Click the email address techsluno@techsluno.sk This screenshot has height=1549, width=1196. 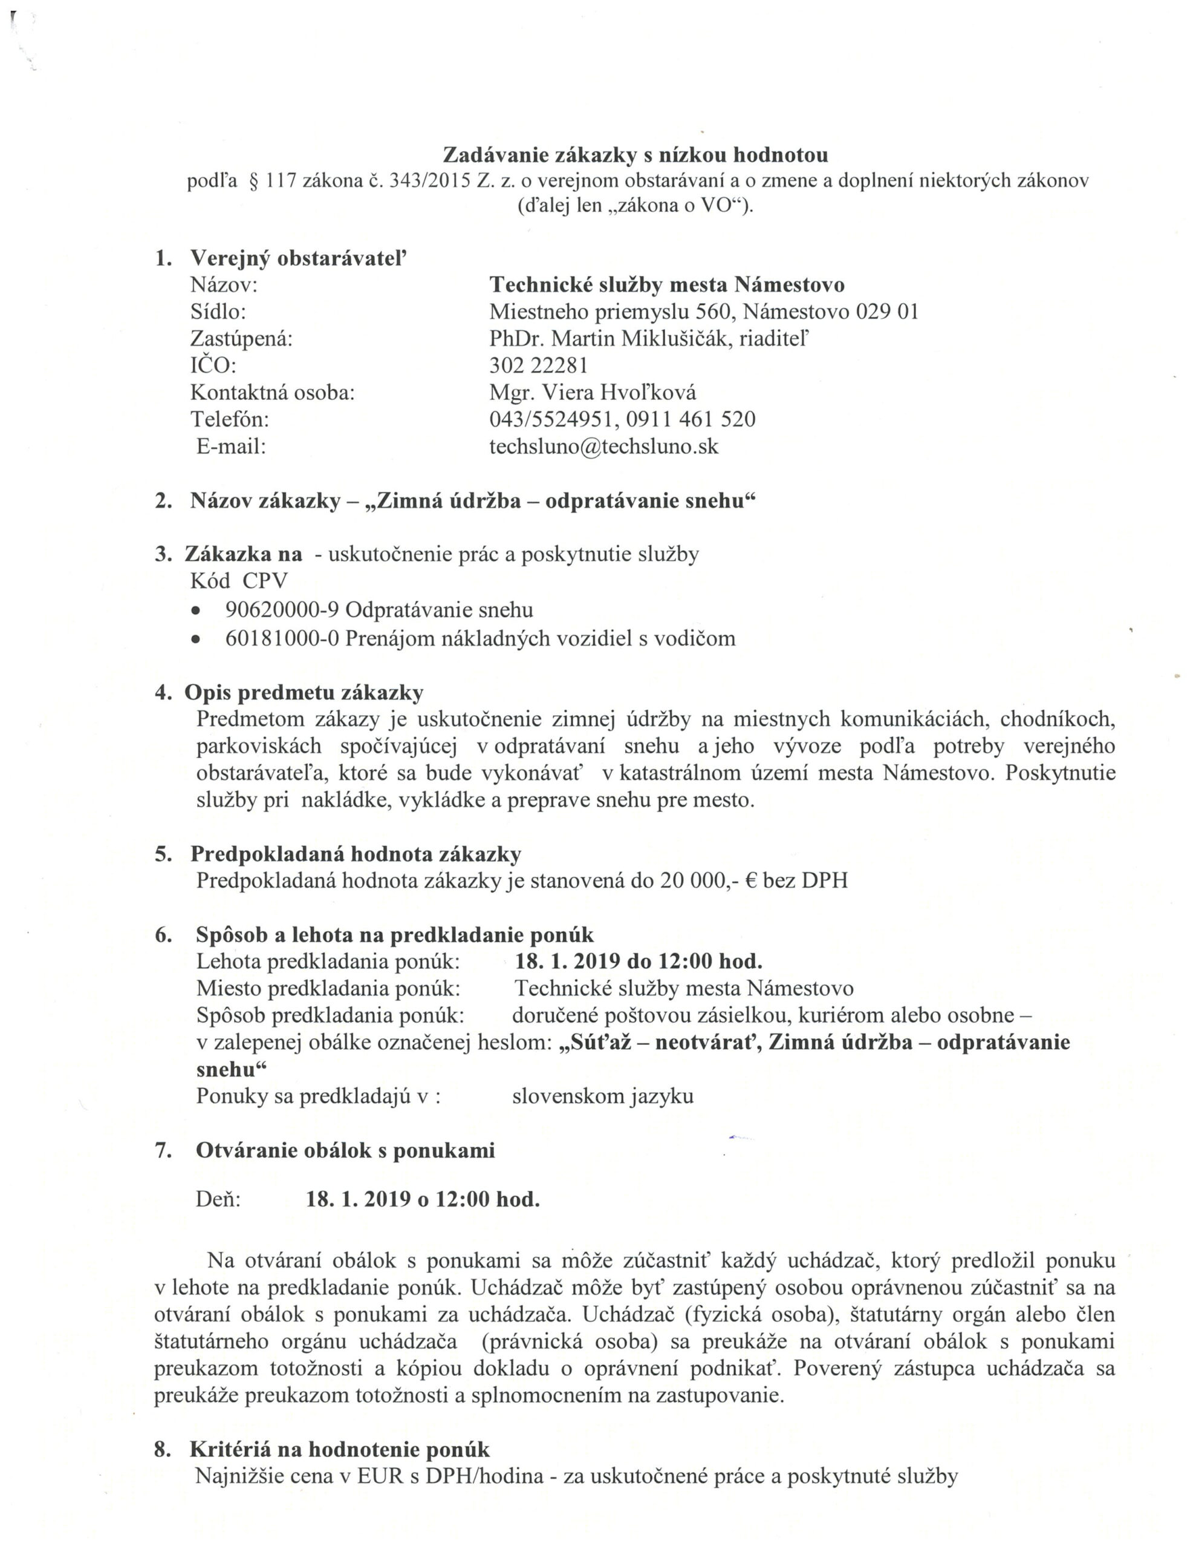coord(603,446)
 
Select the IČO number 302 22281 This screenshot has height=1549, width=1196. coord(538,365)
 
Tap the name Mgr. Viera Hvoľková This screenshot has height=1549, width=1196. coord(592,392)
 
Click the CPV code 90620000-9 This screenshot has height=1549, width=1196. coord(282,609)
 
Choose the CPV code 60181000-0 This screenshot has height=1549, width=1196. coord(282,638)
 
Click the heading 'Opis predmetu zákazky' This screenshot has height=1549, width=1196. coord(304,692)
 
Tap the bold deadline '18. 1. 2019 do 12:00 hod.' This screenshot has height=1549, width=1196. coord(638,961)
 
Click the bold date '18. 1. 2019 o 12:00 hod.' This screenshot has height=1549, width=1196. coord(423,1199)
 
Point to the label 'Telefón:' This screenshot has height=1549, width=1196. coord(230,419)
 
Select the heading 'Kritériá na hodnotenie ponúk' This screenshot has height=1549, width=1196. coord(340,1449)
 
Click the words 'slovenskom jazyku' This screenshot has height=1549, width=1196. coord(603,1096)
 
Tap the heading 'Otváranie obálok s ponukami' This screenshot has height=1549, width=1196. coord(345,1150)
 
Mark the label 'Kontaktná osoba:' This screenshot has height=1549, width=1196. coord(272,392)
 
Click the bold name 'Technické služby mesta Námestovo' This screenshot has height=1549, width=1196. coord(666,284)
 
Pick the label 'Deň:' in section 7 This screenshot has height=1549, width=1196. coord(218,1199)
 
